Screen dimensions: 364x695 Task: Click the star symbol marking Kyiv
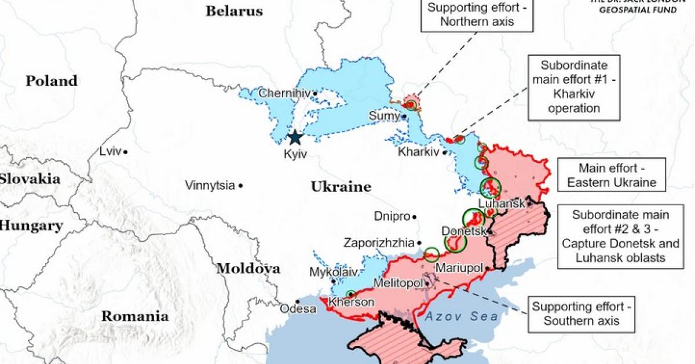(x=295, y=137)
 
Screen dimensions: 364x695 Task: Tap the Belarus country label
(x=234, y=11)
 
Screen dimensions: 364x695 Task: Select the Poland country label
(x=51, y=81)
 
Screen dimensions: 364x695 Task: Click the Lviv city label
(x=109, y=151)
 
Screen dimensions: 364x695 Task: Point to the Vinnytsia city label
(x=210, y=185)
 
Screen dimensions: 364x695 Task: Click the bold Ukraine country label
(x=341, y=187)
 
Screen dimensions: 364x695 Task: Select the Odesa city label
(x=298, y=309)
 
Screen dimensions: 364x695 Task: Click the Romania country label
(x=135, y=316)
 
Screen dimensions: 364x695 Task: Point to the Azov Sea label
(x=460, y=316)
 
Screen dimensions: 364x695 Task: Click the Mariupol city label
(x=459, y=268)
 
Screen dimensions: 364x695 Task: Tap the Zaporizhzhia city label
(x=379, y=243)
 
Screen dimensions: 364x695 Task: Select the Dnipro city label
(x=391, y=216)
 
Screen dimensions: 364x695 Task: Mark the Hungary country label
(x=31, y=226)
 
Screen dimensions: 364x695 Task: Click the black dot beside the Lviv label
(x=125, y=151)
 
